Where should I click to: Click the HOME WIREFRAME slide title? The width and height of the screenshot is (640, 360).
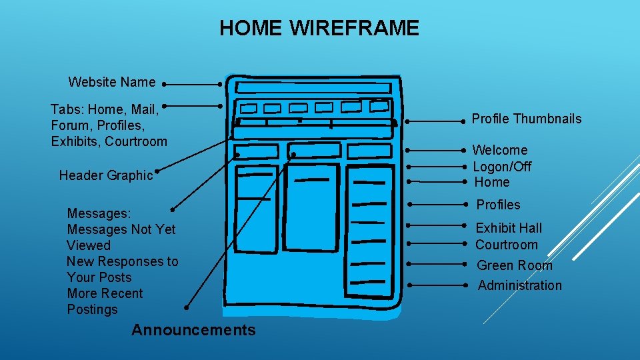[x=319, y=28]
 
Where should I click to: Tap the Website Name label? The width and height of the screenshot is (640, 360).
[x=112, y=83]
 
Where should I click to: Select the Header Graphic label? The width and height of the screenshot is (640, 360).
[x=106, y=175]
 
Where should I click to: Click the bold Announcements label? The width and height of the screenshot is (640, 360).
[x=193, y=330]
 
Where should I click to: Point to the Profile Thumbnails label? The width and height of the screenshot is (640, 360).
[x=527, y=119]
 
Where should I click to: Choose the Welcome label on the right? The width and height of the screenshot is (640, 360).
[x=500, y=150]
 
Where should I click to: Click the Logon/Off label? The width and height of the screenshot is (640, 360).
[x=502, y=166]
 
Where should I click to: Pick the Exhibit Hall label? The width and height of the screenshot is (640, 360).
[x=509, y=228]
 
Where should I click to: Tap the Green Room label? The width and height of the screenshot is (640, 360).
[x=515, y=265]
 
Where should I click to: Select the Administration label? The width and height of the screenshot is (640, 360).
[x=520, y=285]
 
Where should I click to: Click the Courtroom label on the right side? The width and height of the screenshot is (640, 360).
[x=507, y=245]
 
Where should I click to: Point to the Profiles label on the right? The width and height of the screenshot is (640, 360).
[x=498, y=205]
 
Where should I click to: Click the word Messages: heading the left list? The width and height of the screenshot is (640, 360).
[x=99, y=213]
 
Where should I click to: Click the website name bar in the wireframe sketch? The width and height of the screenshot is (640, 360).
[x=313, y=88]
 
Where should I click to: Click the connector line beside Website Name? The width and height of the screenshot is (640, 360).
[x=193, y=85]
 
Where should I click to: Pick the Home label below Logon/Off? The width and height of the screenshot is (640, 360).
[x=492, y=182]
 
